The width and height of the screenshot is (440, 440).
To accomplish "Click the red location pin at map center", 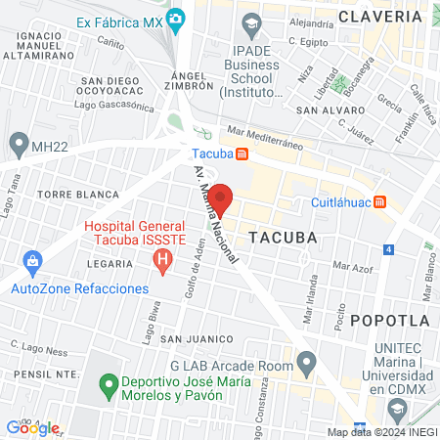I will (x=220, y=198).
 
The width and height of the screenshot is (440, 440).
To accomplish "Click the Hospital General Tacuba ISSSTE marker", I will (x=163, y=260).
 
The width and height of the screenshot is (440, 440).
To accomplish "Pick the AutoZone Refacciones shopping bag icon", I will (x=33, y=262).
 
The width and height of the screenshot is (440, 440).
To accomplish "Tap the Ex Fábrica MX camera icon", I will (x=176, y=18).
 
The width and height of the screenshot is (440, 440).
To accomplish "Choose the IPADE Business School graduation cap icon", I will (x=252, y=22).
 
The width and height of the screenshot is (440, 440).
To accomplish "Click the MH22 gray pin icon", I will (x=17, y=146).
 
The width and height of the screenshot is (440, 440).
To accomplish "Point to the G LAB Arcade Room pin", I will (x=308, y=366).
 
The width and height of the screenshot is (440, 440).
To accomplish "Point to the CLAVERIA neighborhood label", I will (x=379, y=16).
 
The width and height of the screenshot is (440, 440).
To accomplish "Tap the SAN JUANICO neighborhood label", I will (x=198, y=339).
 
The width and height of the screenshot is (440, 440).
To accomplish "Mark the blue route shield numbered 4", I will (x=388, y=249).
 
